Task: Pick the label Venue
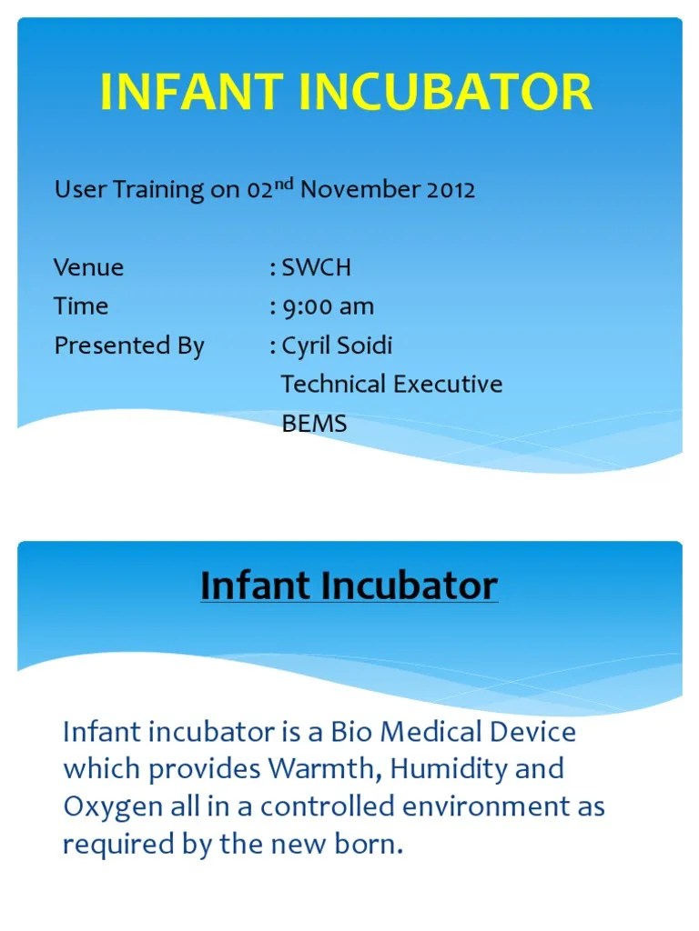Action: (88, 268)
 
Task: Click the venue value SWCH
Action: (316, 268)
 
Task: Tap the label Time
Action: (81, 306)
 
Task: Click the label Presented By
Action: (129, 345)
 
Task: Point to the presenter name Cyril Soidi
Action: (337, 345)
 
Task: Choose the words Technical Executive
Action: (391, 384)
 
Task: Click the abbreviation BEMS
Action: (314, 423)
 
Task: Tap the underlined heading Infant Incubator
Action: (349, 586)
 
